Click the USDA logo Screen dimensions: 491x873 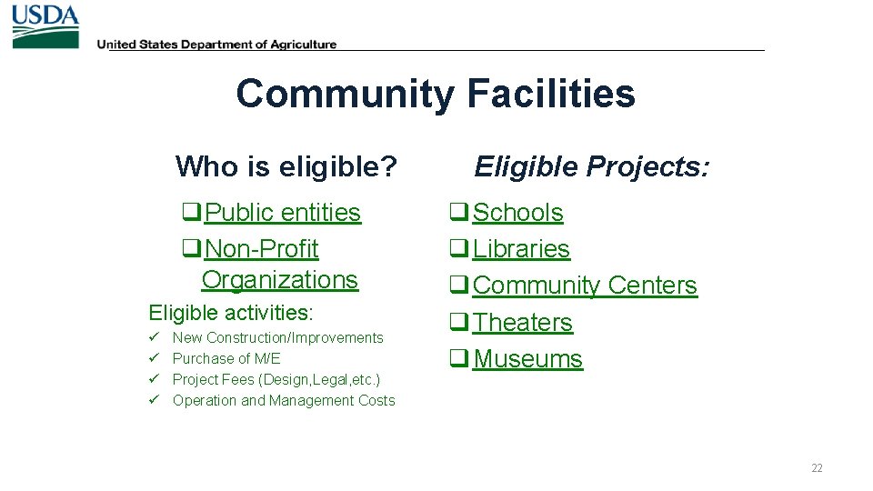[x=45, y=26]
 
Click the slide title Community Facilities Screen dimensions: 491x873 [x=436, y=94]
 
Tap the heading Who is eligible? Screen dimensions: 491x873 [x=286, y=166]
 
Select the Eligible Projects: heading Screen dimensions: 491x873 [x=592, y=166]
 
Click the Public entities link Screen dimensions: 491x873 [x=282, y=213]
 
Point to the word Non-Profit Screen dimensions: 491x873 [x=262, y=249]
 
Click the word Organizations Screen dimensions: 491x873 [x=280, y=279]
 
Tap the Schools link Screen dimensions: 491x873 [x=517, y=213]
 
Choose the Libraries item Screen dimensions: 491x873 [x=521, y=249]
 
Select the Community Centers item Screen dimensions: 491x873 [x=585, y=286]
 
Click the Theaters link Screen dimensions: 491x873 [x=523, y=323]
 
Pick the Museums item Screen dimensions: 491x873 [x=527, y=359]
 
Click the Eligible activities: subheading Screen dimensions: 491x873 [x=231, y=314]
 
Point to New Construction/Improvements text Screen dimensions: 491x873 [x=278, y=338]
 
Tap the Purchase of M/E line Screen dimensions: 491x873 [x=226, y=359]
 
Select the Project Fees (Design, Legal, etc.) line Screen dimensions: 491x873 [x=276, y=380]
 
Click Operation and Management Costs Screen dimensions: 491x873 [x=284, y=401]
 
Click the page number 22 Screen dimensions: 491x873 [x=817, y=468]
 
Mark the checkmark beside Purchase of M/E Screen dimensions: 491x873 [x=155, y=358]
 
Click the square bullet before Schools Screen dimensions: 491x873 [x=458, y=213]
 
